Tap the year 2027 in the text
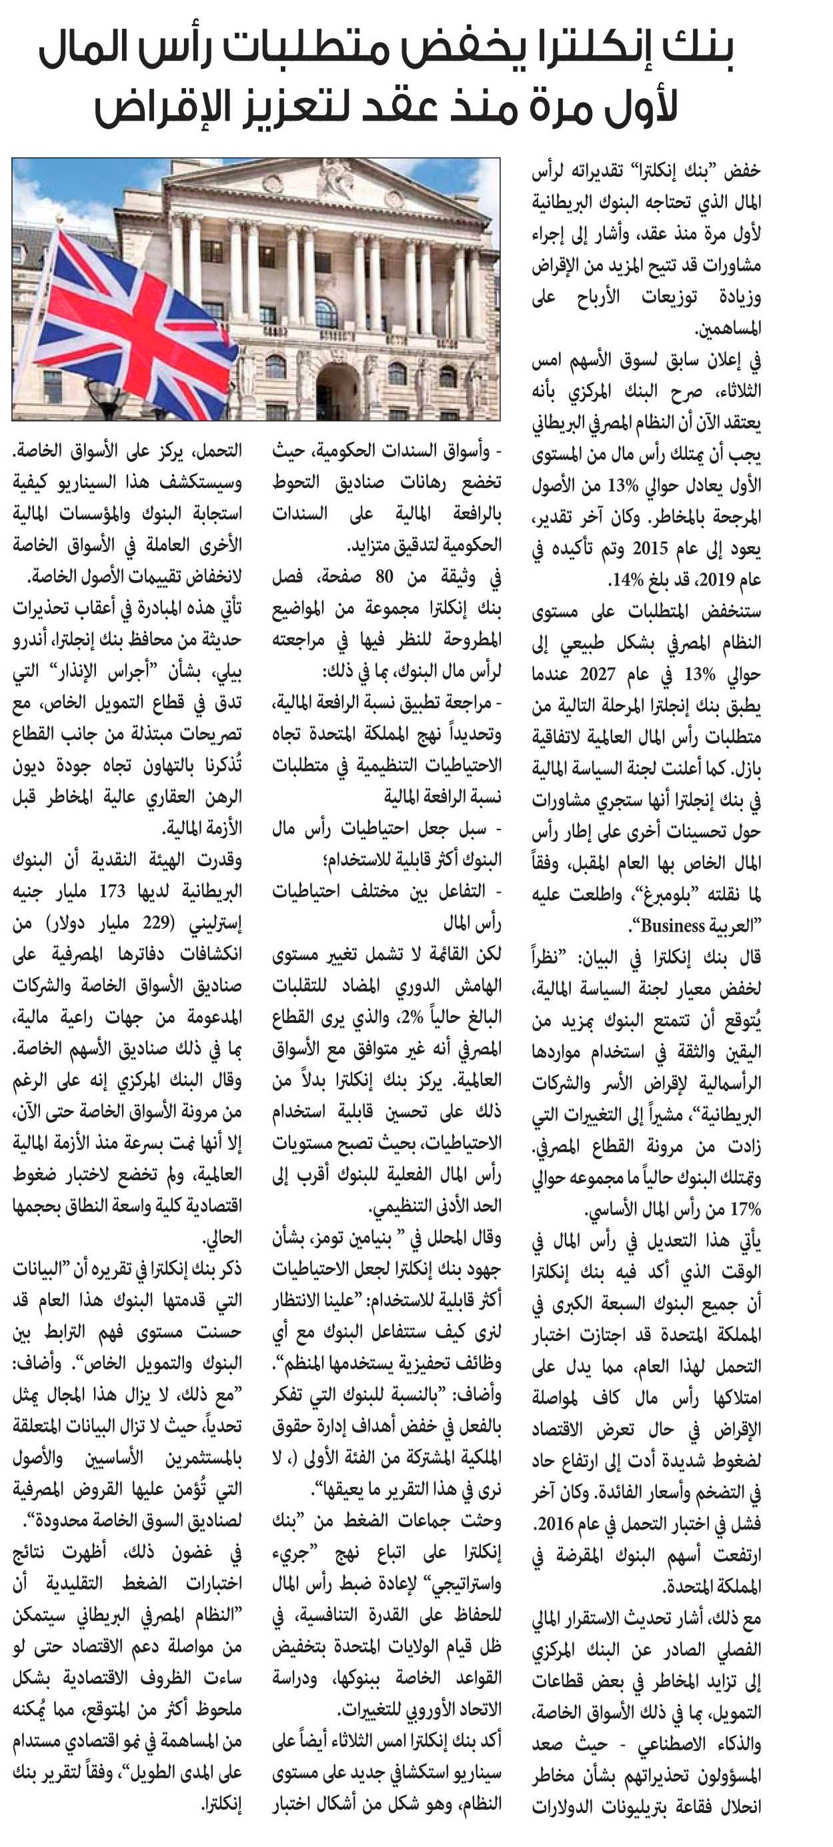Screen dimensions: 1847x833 (x=597, y=675)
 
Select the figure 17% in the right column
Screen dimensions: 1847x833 (x=745, y=1210)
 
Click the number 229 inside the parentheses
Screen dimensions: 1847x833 (x=169, y=923)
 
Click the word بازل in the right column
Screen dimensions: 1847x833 (x=746, y=769)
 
